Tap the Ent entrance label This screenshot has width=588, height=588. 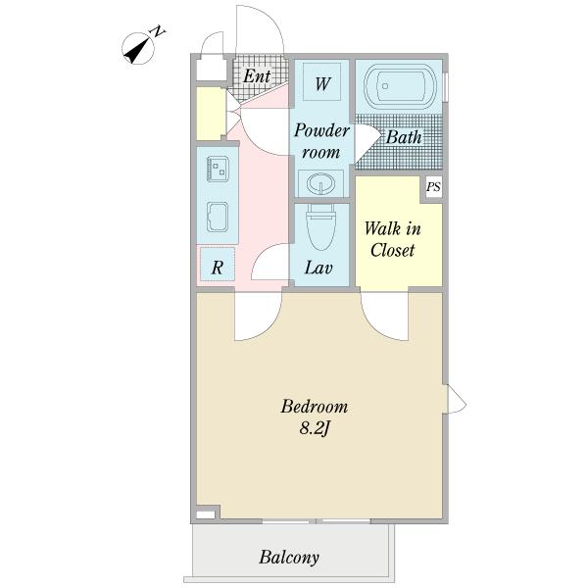pos(257,76)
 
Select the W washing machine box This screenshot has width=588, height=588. pos(322,81)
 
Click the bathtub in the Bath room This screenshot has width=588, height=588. pos(401,86)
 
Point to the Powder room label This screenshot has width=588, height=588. pos(321,141)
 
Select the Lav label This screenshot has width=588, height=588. pos(318,268)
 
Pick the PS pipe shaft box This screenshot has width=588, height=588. pos(434,186)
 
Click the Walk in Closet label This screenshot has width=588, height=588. pos(393,239)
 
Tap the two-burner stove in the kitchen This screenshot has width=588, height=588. pos(218,169)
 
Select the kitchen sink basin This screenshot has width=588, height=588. pos(218,217)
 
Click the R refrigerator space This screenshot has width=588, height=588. pos(218,264)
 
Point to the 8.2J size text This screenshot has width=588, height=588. pos(315,428)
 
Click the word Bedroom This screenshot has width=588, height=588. pos(315,407)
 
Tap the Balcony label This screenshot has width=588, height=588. pos(289,558)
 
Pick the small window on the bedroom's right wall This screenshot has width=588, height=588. pos(454,399)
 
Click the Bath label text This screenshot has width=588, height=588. pos(404,137)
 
